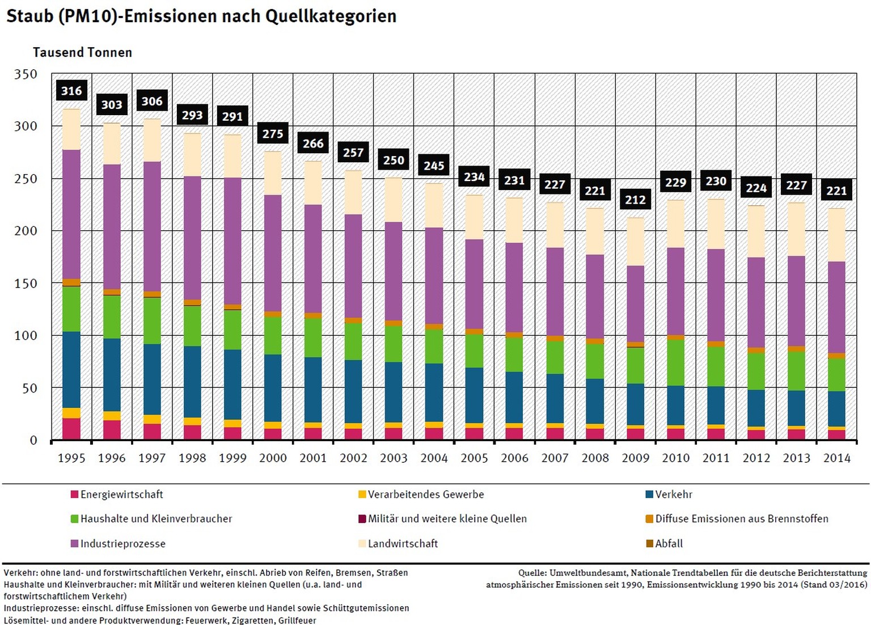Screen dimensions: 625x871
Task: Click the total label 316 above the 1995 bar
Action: click(x=71, y=91)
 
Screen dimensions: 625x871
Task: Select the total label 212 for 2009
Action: click(x=635, y=200)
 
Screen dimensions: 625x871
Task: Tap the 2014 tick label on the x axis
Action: click(x=836, y=458)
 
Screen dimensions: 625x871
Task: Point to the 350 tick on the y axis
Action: click(x=26, y=74)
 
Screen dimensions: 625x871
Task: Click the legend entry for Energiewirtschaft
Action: click(x=121, y=495)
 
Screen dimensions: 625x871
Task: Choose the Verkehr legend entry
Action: click(x=673, y=495)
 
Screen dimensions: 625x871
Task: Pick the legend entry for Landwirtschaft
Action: click(x=403, y=543)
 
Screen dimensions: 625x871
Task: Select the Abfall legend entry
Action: click(x=669, y=543)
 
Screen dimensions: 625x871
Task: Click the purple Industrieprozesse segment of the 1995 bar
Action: click(x=71, y=214)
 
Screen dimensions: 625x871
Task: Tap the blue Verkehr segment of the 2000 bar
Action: click(x=273, y=388)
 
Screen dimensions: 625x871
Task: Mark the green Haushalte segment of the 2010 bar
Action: click(x=675, y=363)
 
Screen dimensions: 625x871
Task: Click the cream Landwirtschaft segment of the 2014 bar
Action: click(x=836, y=235)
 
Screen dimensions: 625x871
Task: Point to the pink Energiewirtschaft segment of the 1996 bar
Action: click(x=112, y=430)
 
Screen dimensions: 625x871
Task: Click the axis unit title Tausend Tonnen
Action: click(x=82, y=53)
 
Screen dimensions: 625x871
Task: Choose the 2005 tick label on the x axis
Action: click(x=474, y=458)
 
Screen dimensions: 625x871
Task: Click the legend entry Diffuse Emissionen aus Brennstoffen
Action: click(x=741, y=518)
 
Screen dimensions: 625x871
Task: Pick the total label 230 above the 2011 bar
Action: click(x=716, y=181)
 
